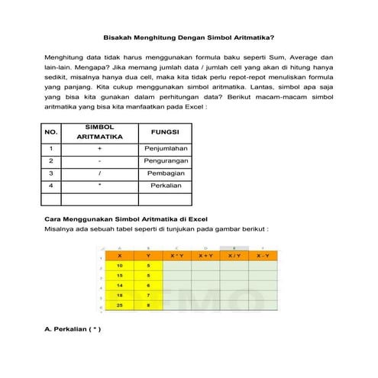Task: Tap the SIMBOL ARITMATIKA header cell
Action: tap(100, 132)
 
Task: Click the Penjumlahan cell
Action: tap(165, 148)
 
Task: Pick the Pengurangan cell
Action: tap(165, 161)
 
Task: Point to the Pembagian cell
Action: tap(165, 173)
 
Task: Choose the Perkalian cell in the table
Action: tap(165, 186)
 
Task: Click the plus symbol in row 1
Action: tap(100, 148)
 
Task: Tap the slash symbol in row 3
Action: tap(100, 173)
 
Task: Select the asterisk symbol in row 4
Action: tap(100, 186)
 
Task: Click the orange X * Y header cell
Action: tap(177, 256)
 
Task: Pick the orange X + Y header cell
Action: tap(205, 256)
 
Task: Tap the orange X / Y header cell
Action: tap(234, 256)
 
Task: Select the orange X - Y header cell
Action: tap(263, 256)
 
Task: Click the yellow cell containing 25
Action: tap(120, 305)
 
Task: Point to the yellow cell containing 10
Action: tap(120, 266)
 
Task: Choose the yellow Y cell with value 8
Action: tap(149, 305)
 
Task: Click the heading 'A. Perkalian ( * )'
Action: tap(73, 330)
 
